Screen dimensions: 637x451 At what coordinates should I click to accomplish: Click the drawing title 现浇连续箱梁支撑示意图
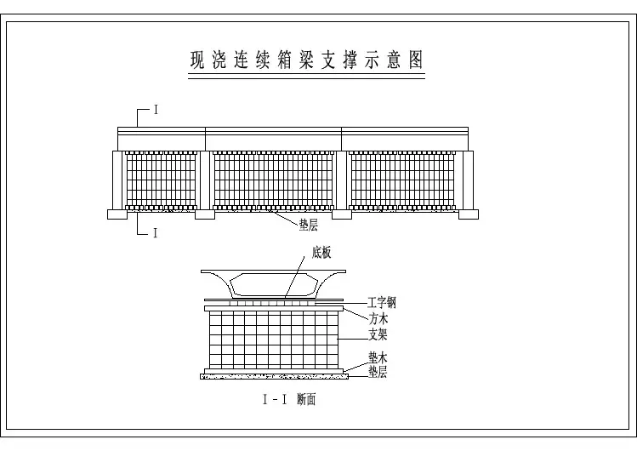(307, 60)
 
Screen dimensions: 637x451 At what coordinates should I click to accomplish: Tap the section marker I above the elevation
(156, 110)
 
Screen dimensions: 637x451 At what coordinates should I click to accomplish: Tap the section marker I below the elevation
(155, 233)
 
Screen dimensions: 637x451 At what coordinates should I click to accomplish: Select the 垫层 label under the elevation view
(309, 225)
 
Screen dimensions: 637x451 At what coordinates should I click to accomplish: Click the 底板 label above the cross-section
(321, 253)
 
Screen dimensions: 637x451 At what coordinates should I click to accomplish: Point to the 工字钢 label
(382, 303)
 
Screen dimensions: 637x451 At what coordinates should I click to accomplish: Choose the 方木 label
(378, 318)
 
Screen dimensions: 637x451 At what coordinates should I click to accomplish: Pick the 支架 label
(378, 334)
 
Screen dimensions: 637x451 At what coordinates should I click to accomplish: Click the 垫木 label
(378, 357)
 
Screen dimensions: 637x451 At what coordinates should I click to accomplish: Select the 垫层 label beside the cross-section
(378, 371)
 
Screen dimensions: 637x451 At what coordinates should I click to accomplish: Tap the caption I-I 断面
(289, 400)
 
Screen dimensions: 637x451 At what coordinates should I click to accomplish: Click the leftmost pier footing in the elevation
(117, 214)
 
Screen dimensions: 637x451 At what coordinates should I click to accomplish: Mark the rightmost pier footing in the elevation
(469, 214)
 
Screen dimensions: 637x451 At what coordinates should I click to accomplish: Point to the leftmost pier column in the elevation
(117, 180)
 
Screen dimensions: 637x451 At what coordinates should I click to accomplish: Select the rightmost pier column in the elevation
(469, 180)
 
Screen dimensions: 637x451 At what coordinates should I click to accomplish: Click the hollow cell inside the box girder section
(273, 284)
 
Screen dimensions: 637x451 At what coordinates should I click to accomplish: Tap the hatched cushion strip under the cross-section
(274, 377)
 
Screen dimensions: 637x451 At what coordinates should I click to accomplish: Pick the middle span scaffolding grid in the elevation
(273, 180)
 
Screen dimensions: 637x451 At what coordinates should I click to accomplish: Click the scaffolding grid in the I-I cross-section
(274, 340)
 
